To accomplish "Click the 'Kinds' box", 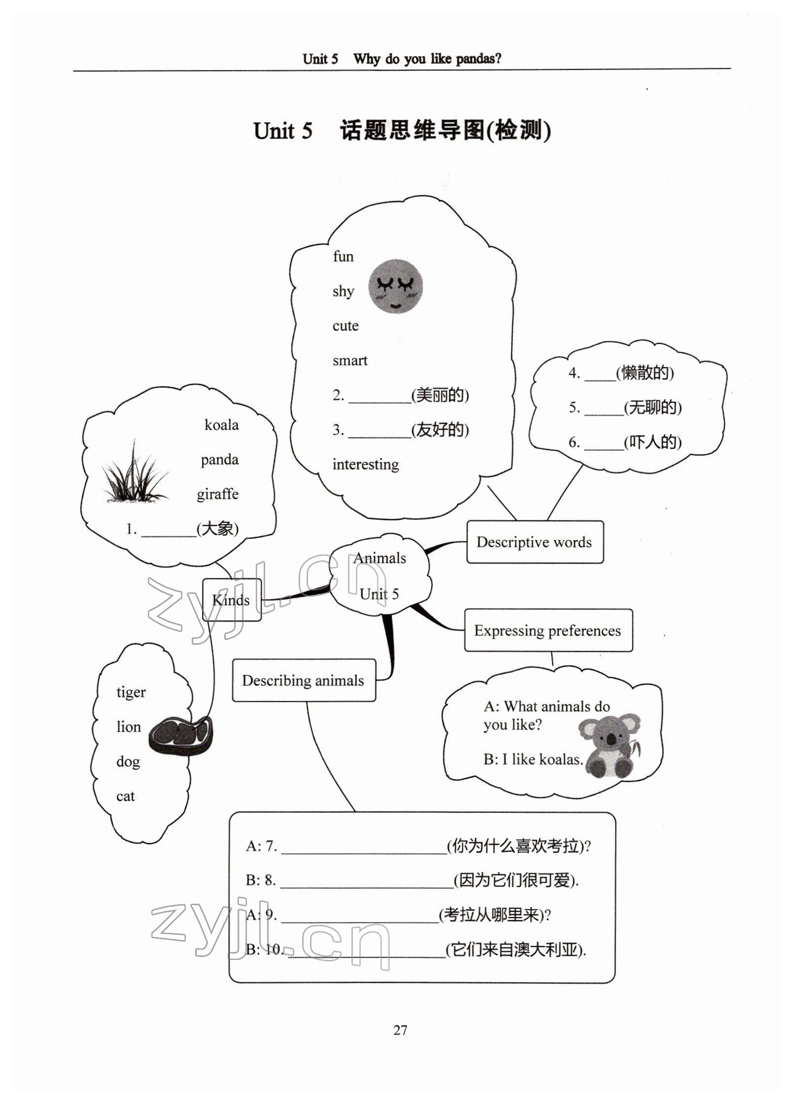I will (231, 600).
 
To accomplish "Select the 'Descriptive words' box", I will (534, 542).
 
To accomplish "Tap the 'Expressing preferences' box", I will (548, 630).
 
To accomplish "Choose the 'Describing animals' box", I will (303, 681).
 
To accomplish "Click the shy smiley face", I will (396, 287).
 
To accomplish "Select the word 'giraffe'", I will (217, 494).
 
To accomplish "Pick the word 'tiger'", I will (131, 692).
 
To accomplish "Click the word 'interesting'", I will (366, 465).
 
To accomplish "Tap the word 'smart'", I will (350, 361).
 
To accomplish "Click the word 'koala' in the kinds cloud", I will (221, 425).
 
